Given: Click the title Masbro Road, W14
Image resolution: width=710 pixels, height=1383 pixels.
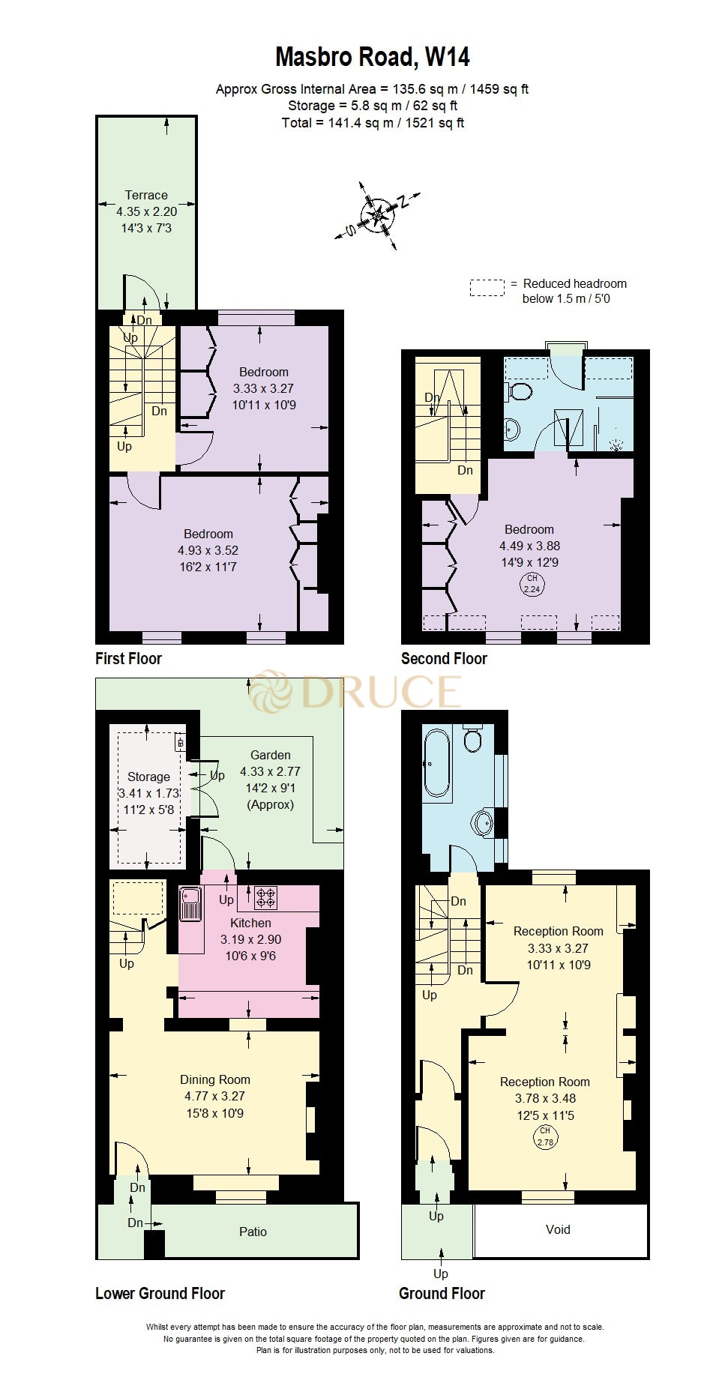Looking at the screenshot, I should point(373,57).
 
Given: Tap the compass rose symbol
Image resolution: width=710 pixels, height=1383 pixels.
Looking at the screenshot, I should point(377,215).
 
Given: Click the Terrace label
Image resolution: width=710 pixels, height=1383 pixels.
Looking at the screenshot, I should point(146,195).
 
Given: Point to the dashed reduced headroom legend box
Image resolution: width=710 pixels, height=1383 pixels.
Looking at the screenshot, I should point(487,289).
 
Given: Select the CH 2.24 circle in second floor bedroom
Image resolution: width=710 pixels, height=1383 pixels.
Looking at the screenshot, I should point(532,584).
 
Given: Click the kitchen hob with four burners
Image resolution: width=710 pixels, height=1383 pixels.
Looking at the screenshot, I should point(265,897).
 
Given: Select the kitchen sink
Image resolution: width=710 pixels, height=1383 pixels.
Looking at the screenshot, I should point(190,904).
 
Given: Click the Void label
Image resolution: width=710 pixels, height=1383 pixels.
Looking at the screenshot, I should point(558,1229).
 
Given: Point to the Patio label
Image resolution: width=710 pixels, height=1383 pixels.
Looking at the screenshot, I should point(253,1232).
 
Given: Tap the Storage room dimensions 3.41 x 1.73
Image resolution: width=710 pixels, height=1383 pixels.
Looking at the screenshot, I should point(148,793).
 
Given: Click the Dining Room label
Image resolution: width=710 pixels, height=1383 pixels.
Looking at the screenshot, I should point(215,1079).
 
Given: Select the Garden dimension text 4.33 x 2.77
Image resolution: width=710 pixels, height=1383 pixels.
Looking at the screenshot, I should point(270,771).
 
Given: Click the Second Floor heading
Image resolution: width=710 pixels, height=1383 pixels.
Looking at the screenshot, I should point(444,658).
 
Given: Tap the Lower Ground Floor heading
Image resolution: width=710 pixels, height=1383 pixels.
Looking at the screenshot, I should point(160,1293).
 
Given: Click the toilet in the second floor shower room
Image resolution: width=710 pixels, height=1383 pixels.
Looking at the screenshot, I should point(519,391).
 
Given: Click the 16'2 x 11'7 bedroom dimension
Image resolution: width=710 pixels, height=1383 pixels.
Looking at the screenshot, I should point(208,567).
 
